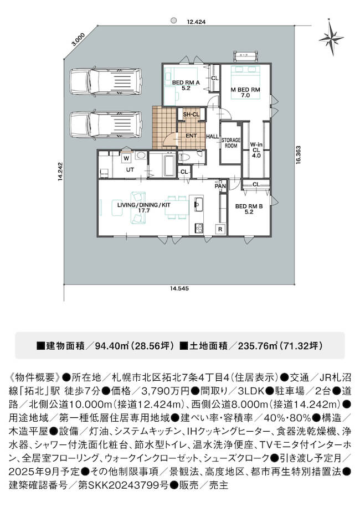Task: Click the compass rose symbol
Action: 331,38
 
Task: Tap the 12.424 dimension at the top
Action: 196,22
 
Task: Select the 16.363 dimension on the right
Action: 298,154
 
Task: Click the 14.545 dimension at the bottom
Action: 179,288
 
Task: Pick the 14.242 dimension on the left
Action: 60,172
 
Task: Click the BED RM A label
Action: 186,85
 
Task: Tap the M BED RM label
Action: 245,92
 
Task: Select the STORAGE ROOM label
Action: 231,143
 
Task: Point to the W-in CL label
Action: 256,150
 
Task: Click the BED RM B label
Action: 249,209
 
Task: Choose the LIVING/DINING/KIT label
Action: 144,208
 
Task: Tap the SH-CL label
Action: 191,115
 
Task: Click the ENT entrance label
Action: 191,136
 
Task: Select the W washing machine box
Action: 126,158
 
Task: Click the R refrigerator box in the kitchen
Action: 220,229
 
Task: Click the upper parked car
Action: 106,82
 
